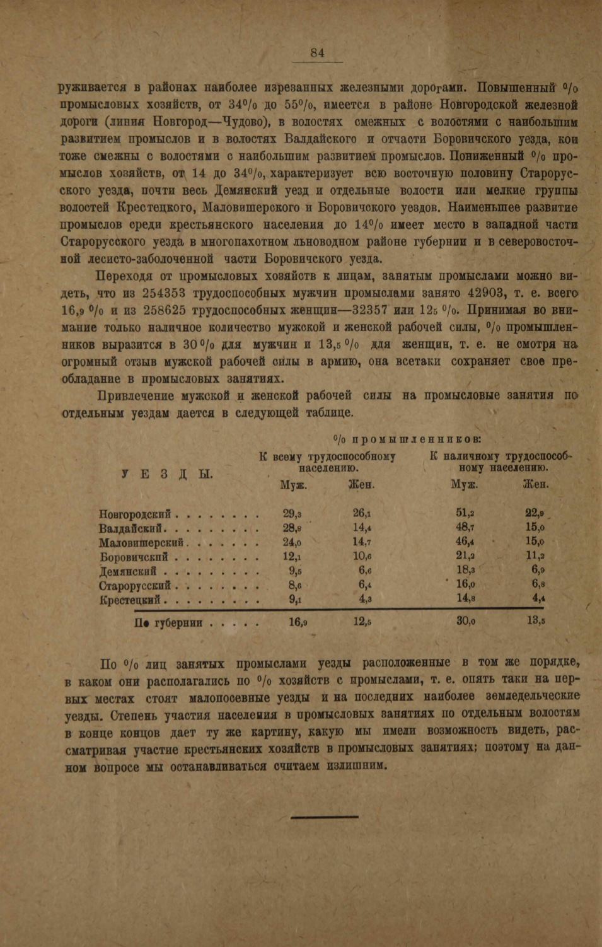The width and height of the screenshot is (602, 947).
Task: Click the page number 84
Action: (x=317, y=53)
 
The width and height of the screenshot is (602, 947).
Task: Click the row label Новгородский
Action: (x=135, y=515)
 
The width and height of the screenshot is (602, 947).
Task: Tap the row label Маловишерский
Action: (x=141, y=543)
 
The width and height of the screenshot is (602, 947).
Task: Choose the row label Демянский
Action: (x=128, y=572)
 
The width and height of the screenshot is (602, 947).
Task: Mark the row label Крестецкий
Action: (x=130, y=600)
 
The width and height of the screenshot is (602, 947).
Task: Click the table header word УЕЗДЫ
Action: (x=167, y=474)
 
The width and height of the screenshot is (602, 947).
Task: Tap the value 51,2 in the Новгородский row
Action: (x=465, y=514)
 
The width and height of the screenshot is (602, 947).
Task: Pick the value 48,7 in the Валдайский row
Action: (x=465, y=528)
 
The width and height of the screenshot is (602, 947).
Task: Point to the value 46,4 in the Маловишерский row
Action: (x=465, y=542)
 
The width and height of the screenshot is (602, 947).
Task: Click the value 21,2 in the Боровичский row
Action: (x=465, y=556)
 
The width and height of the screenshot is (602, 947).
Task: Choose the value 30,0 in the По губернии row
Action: (x=465, y=621)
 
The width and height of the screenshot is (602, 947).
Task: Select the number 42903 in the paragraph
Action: (x=483, y=293)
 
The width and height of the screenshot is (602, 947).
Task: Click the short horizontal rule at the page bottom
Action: (x=324, y=817)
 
